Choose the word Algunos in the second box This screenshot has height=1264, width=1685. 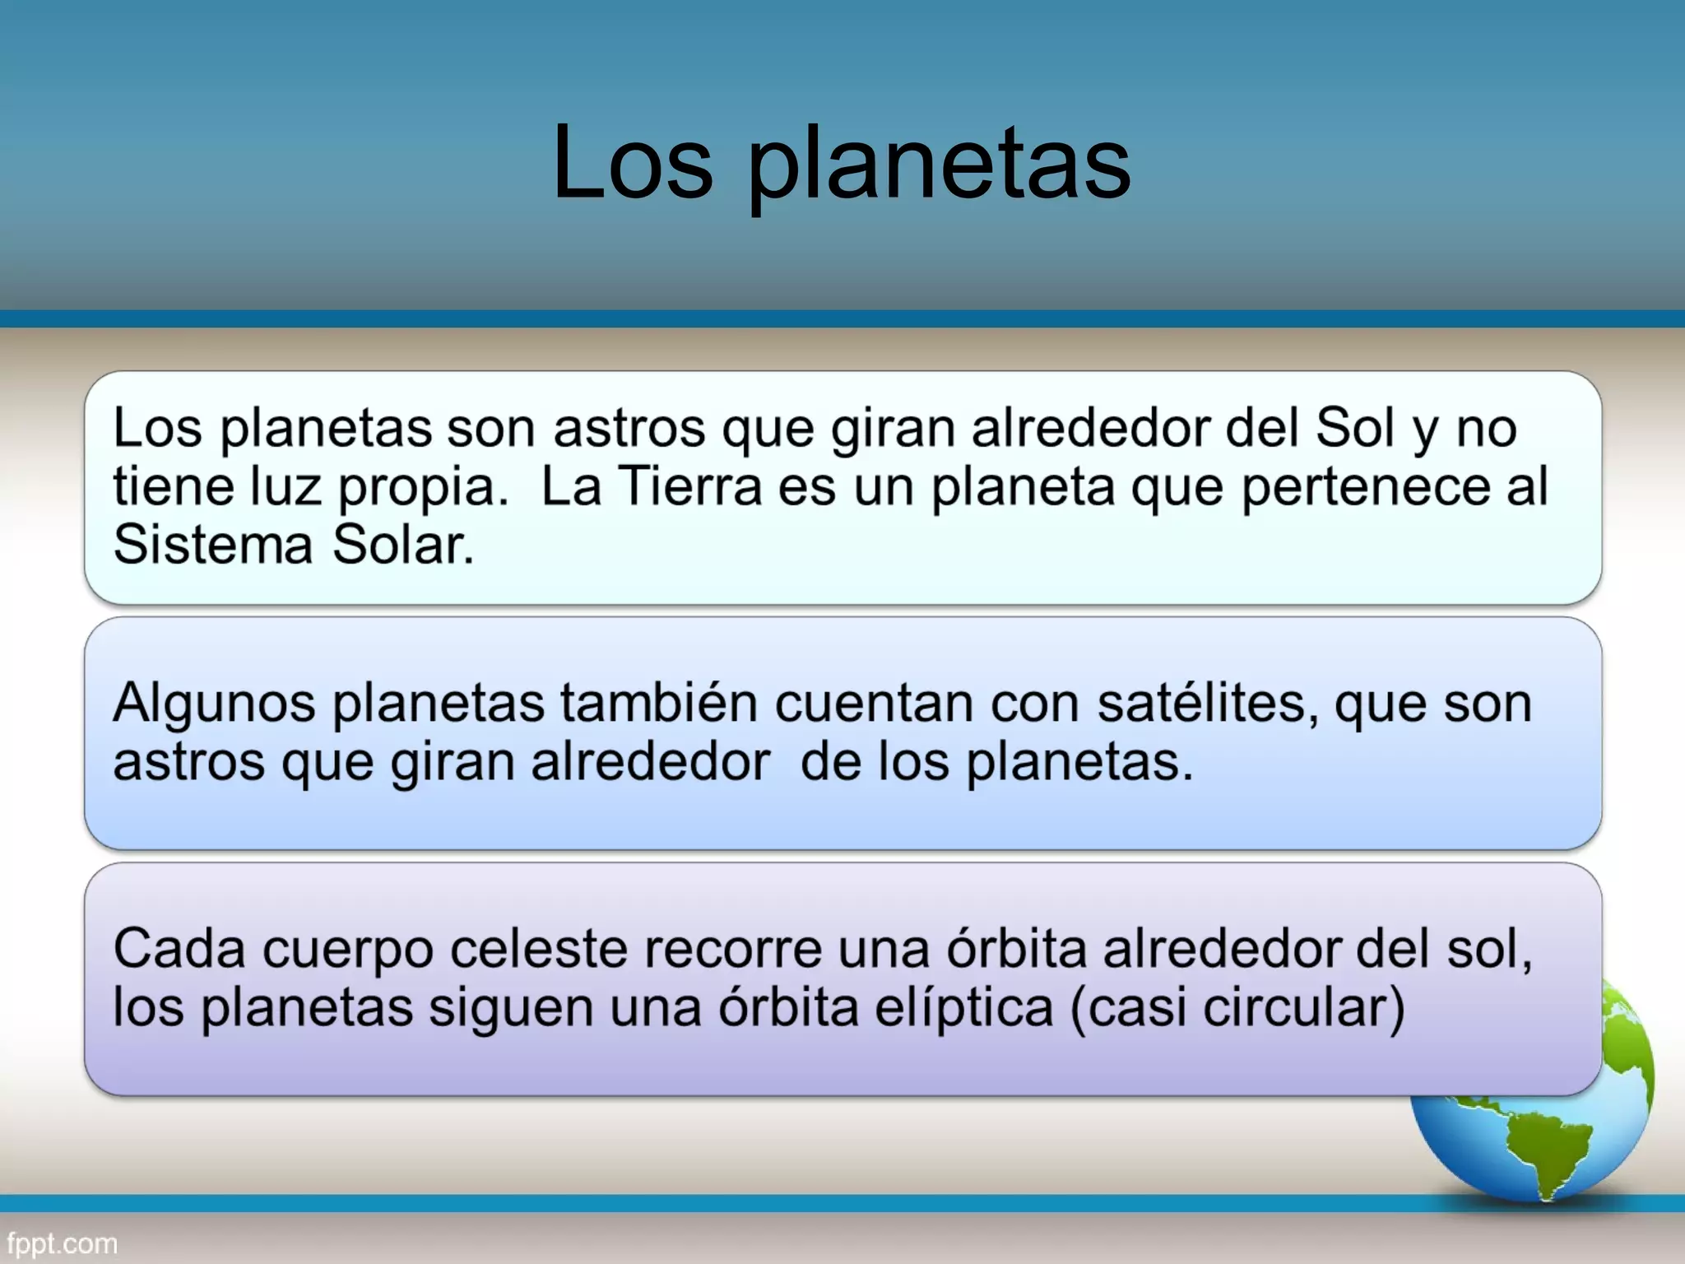214,704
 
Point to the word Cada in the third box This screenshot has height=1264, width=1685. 179,948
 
